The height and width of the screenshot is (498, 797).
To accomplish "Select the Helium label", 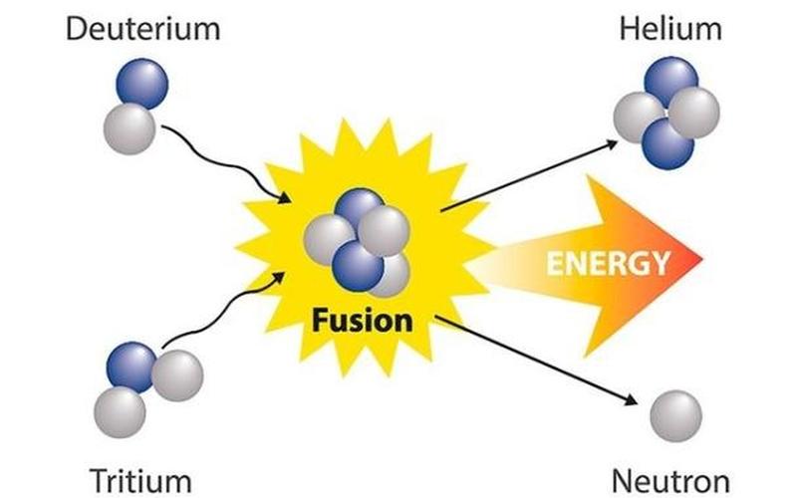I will pyautogui.click(x=670, y=28).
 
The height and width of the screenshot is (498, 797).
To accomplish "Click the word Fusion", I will pyautogui.click(x=361, y=321).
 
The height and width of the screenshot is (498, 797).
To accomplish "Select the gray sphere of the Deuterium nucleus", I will pyautogui.click(x=131, y=127).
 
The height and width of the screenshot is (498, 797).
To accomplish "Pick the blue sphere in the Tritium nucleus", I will pyautogui.click(x=133, y=365).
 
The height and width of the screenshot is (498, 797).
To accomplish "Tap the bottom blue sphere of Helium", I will pyautogui.click(x=667, y=142).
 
